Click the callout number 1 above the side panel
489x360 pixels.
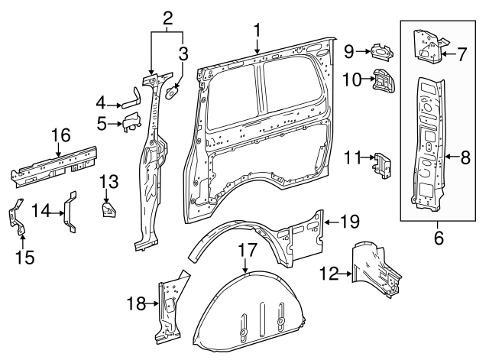click(x=257, y=31)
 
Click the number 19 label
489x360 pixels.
click(x=349, y=222)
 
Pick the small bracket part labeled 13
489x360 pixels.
click(x=108, y=207)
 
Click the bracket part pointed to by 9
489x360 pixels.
click(x=381, y=53)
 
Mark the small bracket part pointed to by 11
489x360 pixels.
click(x=381, y=164)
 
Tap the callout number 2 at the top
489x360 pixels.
click(x=167, y=16)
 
